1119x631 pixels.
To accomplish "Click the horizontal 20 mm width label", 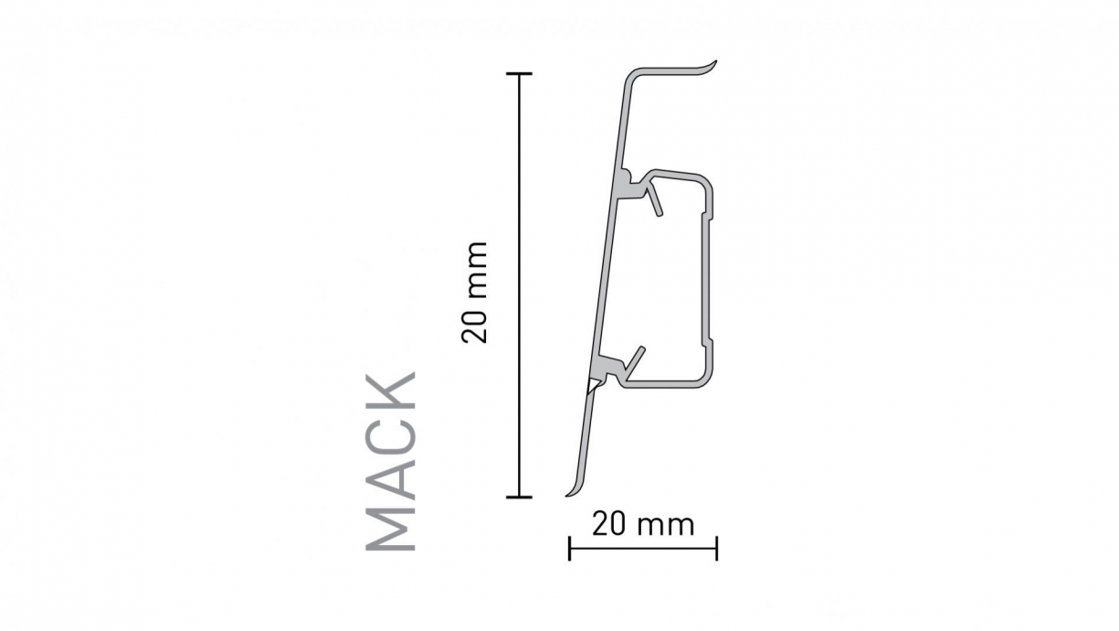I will point(643,525).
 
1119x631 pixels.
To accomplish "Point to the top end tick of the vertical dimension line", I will point(520,73).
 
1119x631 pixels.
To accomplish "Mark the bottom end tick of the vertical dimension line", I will point(520,497).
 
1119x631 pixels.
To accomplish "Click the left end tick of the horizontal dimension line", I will point(570,549).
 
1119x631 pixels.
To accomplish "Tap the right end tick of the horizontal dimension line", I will point(716,549).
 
